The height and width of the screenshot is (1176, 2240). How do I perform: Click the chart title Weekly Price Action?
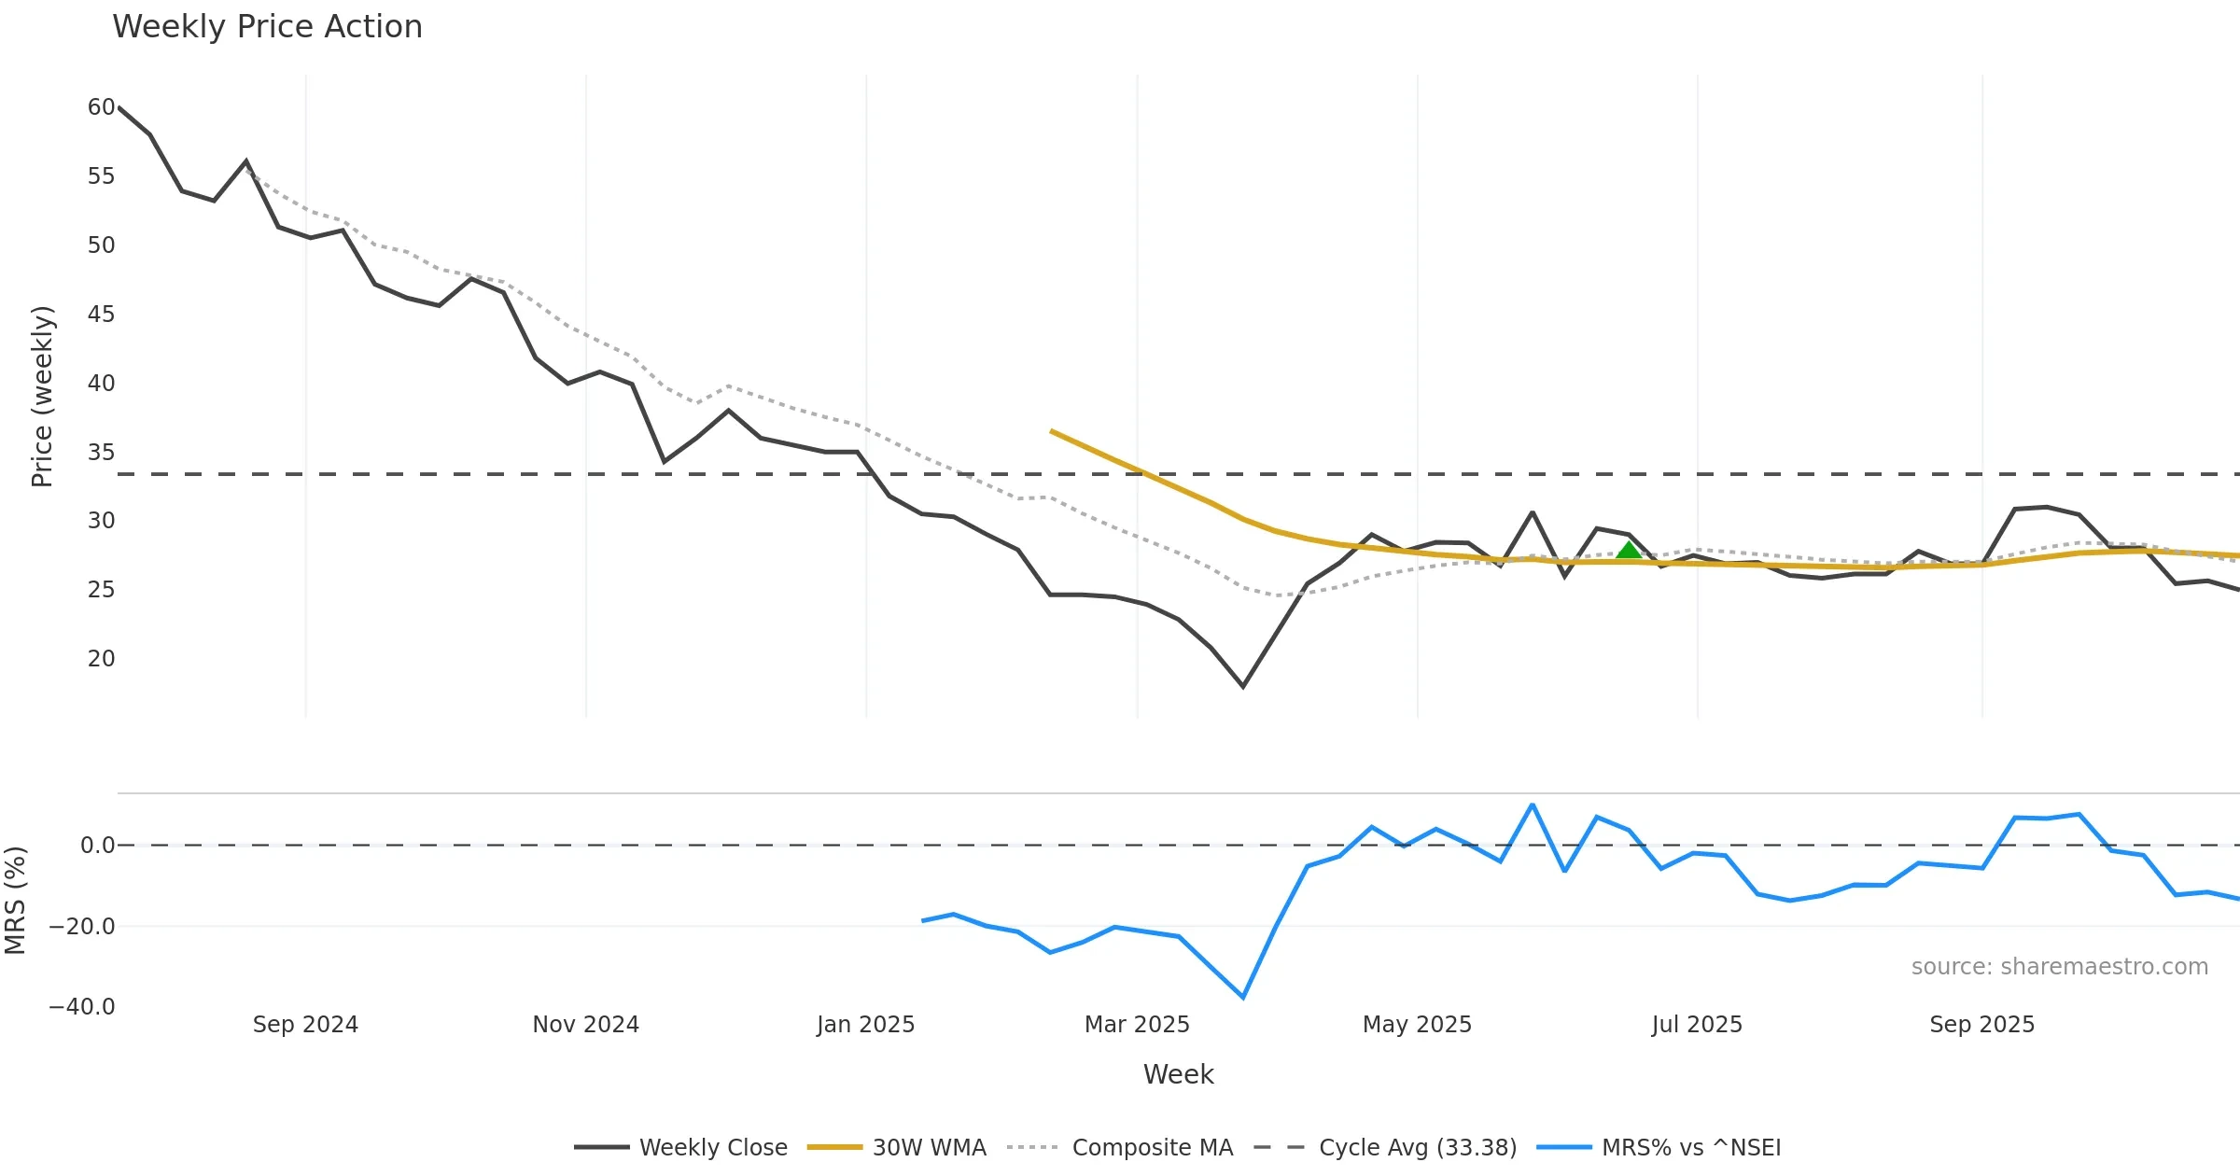pos(267,27)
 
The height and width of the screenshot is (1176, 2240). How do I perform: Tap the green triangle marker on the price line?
pos(1629,550)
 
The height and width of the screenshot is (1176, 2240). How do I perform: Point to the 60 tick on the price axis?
pos(101,107)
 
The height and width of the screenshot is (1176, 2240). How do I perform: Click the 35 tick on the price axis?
pos(101,453)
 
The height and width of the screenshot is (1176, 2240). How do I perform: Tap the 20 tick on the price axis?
pos(101,659)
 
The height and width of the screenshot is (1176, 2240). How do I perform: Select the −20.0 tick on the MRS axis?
pos(82,927)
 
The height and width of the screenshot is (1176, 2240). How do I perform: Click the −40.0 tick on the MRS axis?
pos(82,1007)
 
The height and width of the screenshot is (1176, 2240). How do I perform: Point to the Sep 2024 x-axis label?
pos(305,1025)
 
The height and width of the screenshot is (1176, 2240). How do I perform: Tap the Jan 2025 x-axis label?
pos(865,1025)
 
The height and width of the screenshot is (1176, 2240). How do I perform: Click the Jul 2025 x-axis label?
pos(1697,1025)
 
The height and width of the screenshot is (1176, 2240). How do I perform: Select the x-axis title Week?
pos(1178,1075)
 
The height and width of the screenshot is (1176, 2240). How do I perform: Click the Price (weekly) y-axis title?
pos(43,397)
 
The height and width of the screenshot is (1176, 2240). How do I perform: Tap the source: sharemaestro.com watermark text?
pos(2059,967)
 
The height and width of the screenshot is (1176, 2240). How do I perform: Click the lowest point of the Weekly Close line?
pos(1242,687)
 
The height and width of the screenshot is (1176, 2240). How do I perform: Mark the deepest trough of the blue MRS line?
pos(1242,998)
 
